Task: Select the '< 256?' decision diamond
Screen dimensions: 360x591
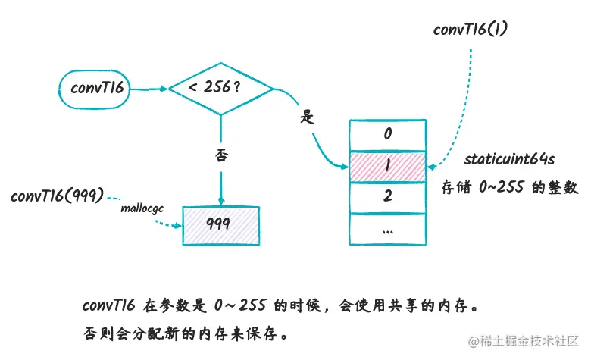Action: pos(220,88)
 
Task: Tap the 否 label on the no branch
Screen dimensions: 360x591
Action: pos(221,156)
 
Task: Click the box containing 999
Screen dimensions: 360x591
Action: pos(220,224)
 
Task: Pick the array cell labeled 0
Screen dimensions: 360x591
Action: pos(387,135)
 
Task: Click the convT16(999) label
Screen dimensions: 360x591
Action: pos(56,196)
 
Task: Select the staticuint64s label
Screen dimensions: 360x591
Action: pos(508,160)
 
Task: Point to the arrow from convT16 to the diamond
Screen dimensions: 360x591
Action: pos(149,88)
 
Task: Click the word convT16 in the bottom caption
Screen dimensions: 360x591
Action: pos(108,306)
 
